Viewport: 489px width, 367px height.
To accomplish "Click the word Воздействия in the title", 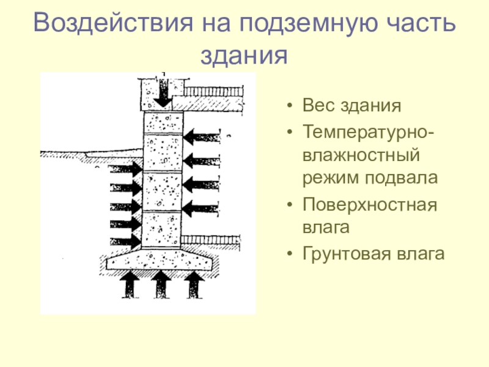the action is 113,23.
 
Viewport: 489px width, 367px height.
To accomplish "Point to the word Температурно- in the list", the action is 368,132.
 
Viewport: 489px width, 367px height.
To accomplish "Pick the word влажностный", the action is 361,155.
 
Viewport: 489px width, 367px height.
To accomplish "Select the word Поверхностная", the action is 370,205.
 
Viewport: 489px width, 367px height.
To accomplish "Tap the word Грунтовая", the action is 347,253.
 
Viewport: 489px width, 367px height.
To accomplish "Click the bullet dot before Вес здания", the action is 290,106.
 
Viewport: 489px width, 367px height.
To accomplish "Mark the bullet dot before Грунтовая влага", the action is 290,253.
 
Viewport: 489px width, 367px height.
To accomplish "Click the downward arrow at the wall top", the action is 163,93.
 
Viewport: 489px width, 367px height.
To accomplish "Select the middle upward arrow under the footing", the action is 161,284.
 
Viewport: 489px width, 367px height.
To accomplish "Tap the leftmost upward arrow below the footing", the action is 130,284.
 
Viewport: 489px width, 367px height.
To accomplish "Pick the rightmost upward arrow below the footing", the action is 194,284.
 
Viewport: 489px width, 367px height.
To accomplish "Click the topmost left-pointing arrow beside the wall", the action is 202,136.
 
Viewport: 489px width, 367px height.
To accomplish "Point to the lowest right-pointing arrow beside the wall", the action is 126,241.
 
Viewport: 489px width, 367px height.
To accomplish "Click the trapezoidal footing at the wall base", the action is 160,259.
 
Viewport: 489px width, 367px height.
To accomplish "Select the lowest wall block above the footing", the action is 161,230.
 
